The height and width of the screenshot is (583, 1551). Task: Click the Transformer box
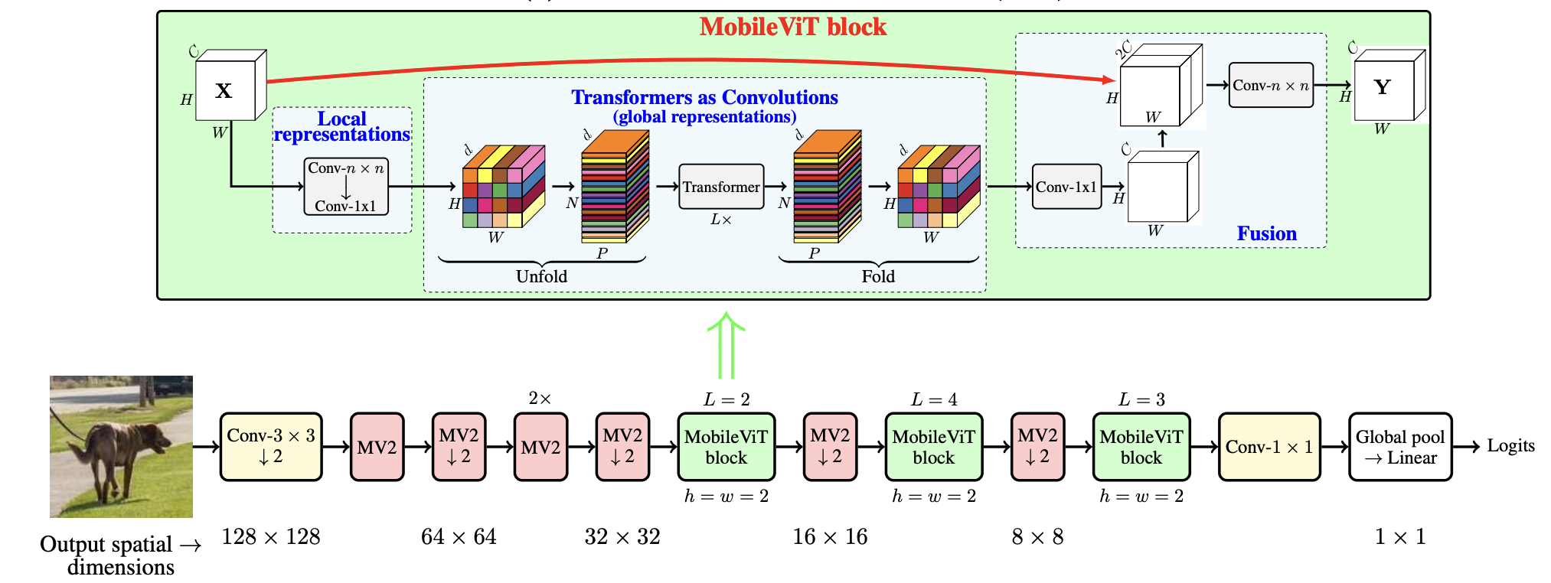[x=721, y=187]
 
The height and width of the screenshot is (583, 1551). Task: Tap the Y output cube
[x=1383, y=88]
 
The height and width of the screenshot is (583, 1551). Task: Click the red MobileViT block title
[x=792, y=28]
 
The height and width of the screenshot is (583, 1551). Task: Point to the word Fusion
[x=1266, y=234]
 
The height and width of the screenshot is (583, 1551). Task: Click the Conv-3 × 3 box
[x=271, y=447]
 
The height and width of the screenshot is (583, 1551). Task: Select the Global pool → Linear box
[x=1399, y=447]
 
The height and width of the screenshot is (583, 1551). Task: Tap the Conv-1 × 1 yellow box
[x=1269, y=447]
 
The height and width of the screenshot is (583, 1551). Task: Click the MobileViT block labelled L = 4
[x=933, y=447]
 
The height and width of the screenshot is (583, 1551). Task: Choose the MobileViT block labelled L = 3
[x=1141, y=447]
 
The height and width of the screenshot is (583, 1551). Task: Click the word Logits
[x=1510, y=446]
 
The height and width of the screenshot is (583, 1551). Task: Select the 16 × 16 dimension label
[x=830, y=537]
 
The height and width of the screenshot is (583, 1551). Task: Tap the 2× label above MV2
[x=540, y=399]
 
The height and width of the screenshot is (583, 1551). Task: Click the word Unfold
[x=541, y=277]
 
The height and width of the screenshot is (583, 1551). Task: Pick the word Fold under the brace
[x=877, y=277]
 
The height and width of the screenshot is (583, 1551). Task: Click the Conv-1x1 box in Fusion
[x=1066, y=187]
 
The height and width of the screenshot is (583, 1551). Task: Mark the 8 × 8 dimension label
[x=1037, y=537]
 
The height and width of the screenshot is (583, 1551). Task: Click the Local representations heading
[x=341, y=127]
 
